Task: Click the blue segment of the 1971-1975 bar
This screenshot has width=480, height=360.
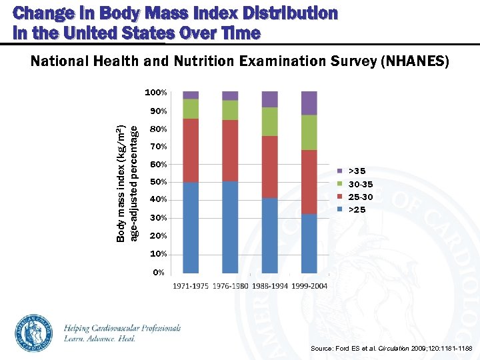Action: pyautogui.click(x=191, y=227)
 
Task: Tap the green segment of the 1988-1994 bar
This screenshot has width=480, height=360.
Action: pyautogui.click(x=270, y=121)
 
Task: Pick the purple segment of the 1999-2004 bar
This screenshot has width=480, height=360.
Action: pyautogui.click(x=309, y=103)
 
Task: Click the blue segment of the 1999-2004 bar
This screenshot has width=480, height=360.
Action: pyautogui.click(x=309, y=243)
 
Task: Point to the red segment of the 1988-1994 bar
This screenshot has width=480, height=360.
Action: pyautogui.click(x=270, y=167)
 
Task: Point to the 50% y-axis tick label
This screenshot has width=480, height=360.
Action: pyautogui.click(x=159, y=182)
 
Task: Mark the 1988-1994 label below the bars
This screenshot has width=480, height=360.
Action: pyautogui.click(x=269, y=287)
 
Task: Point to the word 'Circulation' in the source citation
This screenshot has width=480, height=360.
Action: pyautogui.click(x=391, y=349)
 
